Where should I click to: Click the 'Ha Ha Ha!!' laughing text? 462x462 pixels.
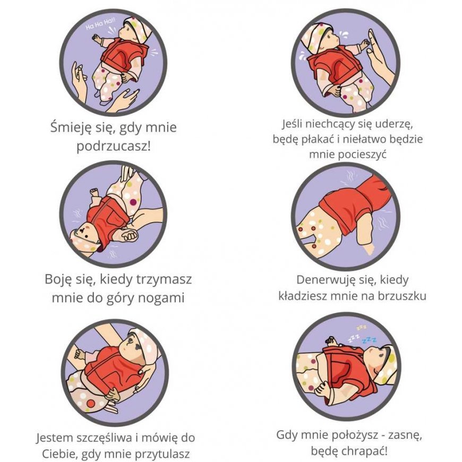101,23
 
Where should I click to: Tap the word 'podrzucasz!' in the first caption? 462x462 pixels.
114,146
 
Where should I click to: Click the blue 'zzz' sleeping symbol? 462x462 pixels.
369,340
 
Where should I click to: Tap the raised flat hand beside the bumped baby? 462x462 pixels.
380,56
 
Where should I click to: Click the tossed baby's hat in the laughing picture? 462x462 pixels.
138,29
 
